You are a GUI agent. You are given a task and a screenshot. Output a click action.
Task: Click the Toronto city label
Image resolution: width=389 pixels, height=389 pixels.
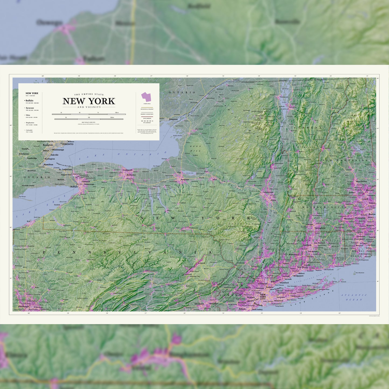pos(68,144)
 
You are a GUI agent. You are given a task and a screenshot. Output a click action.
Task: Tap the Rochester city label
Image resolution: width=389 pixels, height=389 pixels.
pos(131,175)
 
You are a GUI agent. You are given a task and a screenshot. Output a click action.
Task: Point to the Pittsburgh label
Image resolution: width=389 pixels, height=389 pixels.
pos(23,306)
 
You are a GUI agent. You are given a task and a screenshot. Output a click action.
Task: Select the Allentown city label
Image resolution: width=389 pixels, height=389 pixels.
pos(199,304)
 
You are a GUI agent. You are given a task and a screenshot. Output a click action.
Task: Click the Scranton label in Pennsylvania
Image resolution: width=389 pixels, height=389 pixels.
pos(201,263)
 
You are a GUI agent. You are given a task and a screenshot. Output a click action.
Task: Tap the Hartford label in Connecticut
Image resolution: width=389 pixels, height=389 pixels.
pos(307,245)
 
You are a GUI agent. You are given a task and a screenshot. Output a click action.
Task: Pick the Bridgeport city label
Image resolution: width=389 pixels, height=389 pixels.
pos(298,276)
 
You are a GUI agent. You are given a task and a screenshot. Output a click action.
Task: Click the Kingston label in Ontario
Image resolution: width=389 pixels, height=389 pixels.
pos(173,119)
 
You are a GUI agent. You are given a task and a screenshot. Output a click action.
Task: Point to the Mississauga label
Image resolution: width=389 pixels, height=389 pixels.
pos(58,150)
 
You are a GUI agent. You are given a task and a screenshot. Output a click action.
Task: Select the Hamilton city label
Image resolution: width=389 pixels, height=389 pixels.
pos(48,164)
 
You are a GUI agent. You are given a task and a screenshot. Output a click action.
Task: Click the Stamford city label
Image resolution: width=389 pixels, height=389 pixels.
pos(284,283)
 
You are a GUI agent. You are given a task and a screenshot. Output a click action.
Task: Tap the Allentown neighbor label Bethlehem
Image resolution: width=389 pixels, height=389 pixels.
pos(213,303)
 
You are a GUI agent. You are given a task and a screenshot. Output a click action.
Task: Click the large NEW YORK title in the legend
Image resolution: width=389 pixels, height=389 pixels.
pos(89,101)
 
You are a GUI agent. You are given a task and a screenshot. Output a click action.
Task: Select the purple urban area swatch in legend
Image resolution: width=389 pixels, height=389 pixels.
pos(146,97)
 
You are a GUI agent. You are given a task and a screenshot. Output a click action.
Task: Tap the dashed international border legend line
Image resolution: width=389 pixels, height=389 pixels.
pos(147,121)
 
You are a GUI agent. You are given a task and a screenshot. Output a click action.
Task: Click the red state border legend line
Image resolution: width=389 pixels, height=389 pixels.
pos(147,117)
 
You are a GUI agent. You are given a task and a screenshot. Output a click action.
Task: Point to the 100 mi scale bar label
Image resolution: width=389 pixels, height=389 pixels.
pos(117,113)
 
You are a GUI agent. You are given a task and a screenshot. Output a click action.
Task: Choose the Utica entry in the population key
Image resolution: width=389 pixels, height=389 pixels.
pos(28,115)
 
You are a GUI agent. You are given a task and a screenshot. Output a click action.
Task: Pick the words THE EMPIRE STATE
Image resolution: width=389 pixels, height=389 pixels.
pos(89,94)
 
